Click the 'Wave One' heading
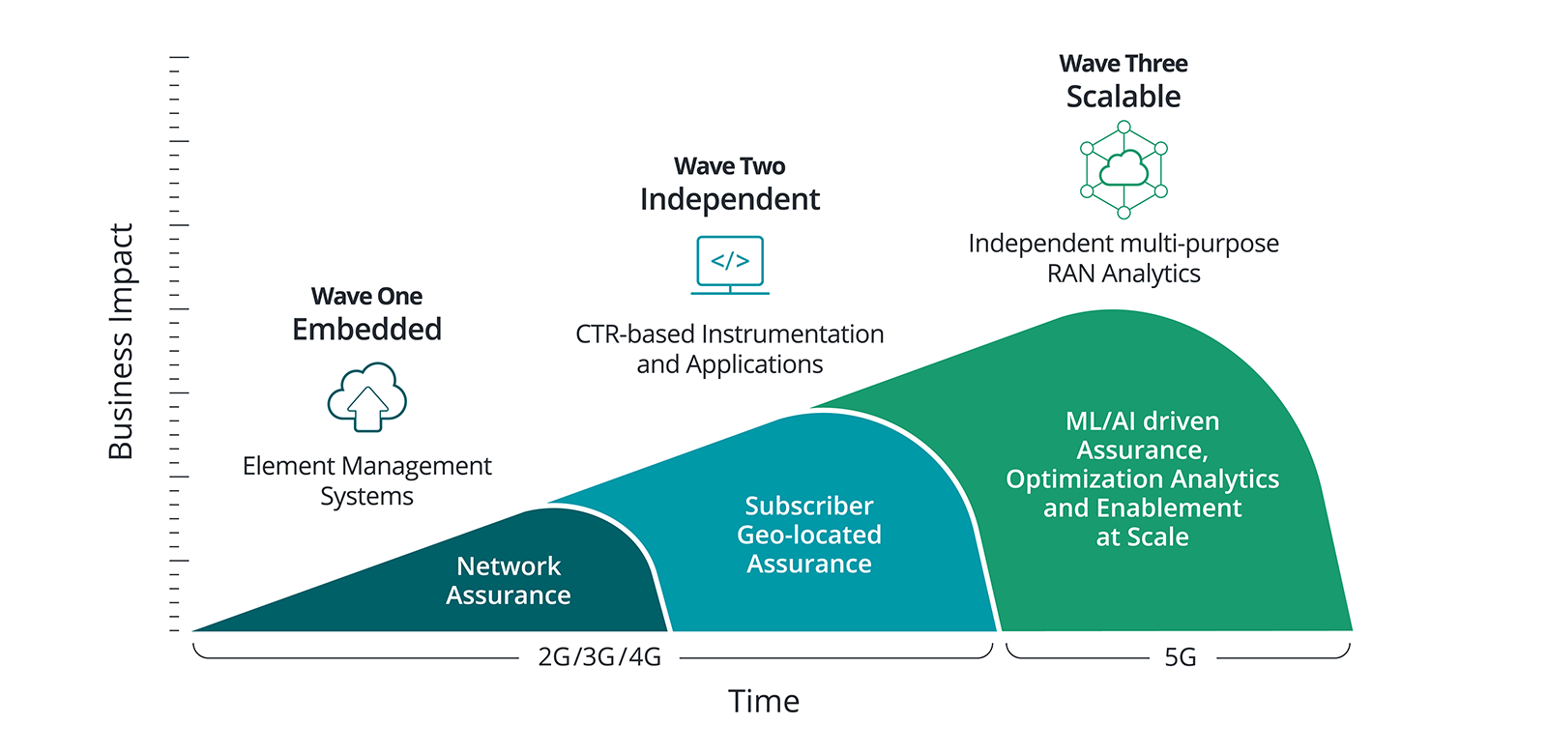366,296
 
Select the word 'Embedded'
366,330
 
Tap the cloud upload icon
366,396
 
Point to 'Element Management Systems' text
366,480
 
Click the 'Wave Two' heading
729,166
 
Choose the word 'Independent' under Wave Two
729,199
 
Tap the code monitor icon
730,264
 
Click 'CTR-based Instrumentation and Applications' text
729,349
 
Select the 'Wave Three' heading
1124,64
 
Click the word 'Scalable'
1124,97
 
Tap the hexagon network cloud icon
1124,169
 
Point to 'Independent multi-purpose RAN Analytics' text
1124,258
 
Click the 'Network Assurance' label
509,580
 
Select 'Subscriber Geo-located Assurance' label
809,535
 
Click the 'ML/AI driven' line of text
1142,421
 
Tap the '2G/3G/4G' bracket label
599,657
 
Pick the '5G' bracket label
1180,657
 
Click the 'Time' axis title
764,701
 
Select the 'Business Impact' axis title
121,342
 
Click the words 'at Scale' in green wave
1142,537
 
